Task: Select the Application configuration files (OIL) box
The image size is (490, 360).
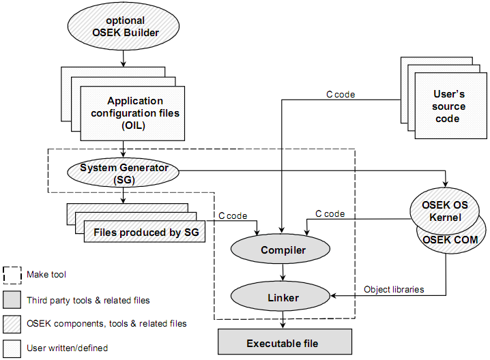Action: pyautogui.click(x=134, y=113)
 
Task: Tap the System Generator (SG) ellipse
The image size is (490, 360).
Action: pyautogui.click(x=124, y=172)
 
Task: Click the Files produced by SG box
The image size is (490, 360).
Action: pyautogui.click(x=145, y=232)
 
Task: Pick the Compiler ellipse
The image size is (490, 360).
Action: pyautogui.click(x=283, y=250)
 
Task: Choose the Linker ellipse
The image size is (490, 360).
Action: pyautogui.click(x=283, y=298)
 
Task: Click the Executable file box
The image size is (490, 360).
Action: pyautogui.click(x=285, y=343)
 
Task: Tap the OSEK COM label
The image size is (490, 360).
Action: pyautogui.click(x=452, y=239)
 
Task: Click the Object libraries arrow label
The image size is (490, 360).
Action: pyautogui.click(x=394, y=289)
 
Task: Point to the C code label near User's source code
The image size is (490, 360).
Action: pyautogui.click(x=341, y=95)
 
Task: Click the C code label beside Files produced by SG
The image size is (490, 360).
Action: pyautogui.click(x=233, y=215)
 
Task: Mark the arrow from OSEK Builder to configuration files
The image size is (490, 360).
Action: pyautogui.click(x=123, y=60)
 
